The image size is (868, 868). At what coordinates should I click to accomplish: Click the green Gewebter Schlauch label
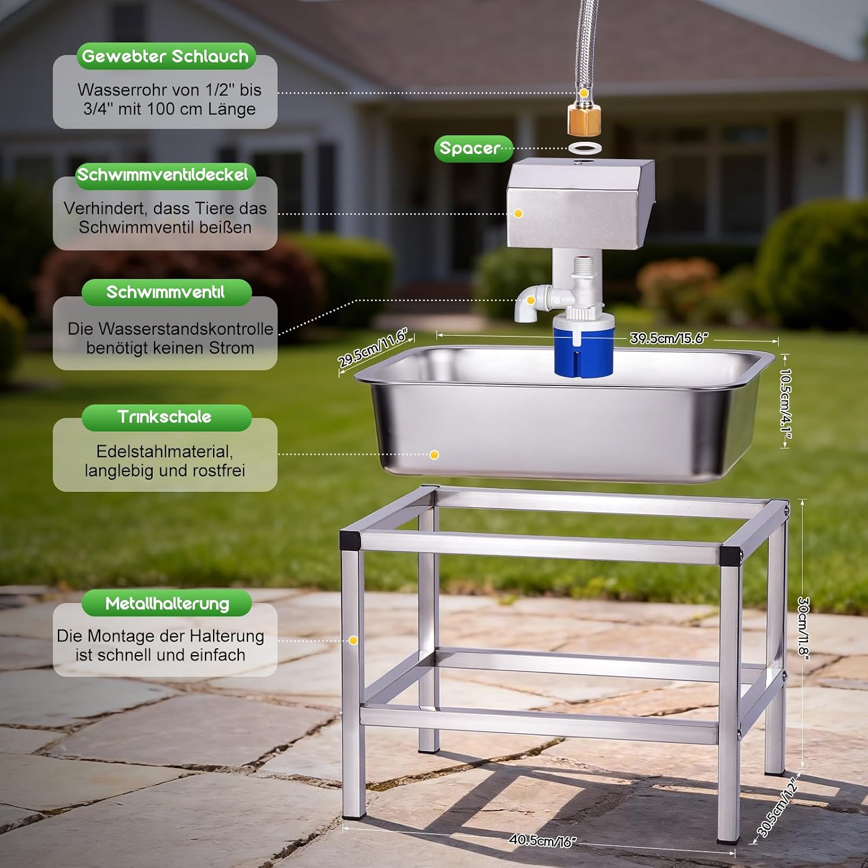coord(165,56)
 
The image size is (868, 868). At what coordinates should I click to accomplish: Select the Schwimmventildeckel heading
coord(165,175)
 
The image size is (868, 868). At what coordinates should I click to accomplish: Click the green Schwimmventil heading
coord(166,292)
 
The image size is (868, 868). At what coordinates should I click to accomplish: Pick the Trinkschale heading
coord(166,417)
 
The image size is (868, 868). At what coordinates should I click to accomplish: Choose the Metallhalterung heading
coord(167,604)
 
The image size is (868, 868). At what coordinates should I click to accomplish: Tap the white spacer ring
coord(583,147)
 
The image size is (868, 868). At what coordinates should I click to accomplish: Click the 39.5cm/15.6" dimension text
coord(669,338)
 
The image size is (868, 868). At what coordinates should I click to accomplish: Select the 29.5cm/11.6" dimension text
coord(373,347)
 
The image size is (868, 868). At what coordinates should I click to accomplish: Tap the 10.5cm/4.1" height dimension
coord(786,400)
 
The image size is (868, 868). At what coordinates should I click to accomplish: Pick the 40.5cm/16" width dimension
coord(542,840)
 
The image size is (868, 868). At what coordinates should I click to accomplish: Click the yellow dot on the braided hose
coord(584,93)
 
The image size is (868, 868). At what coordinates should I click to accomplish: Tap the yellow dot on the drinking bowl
coord(434,455)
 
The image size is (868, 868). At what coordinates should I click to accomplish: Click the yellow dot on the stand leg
coord(353,641)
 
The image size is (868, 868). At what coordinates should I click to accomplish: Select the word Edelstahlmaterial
coord(164,451)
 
